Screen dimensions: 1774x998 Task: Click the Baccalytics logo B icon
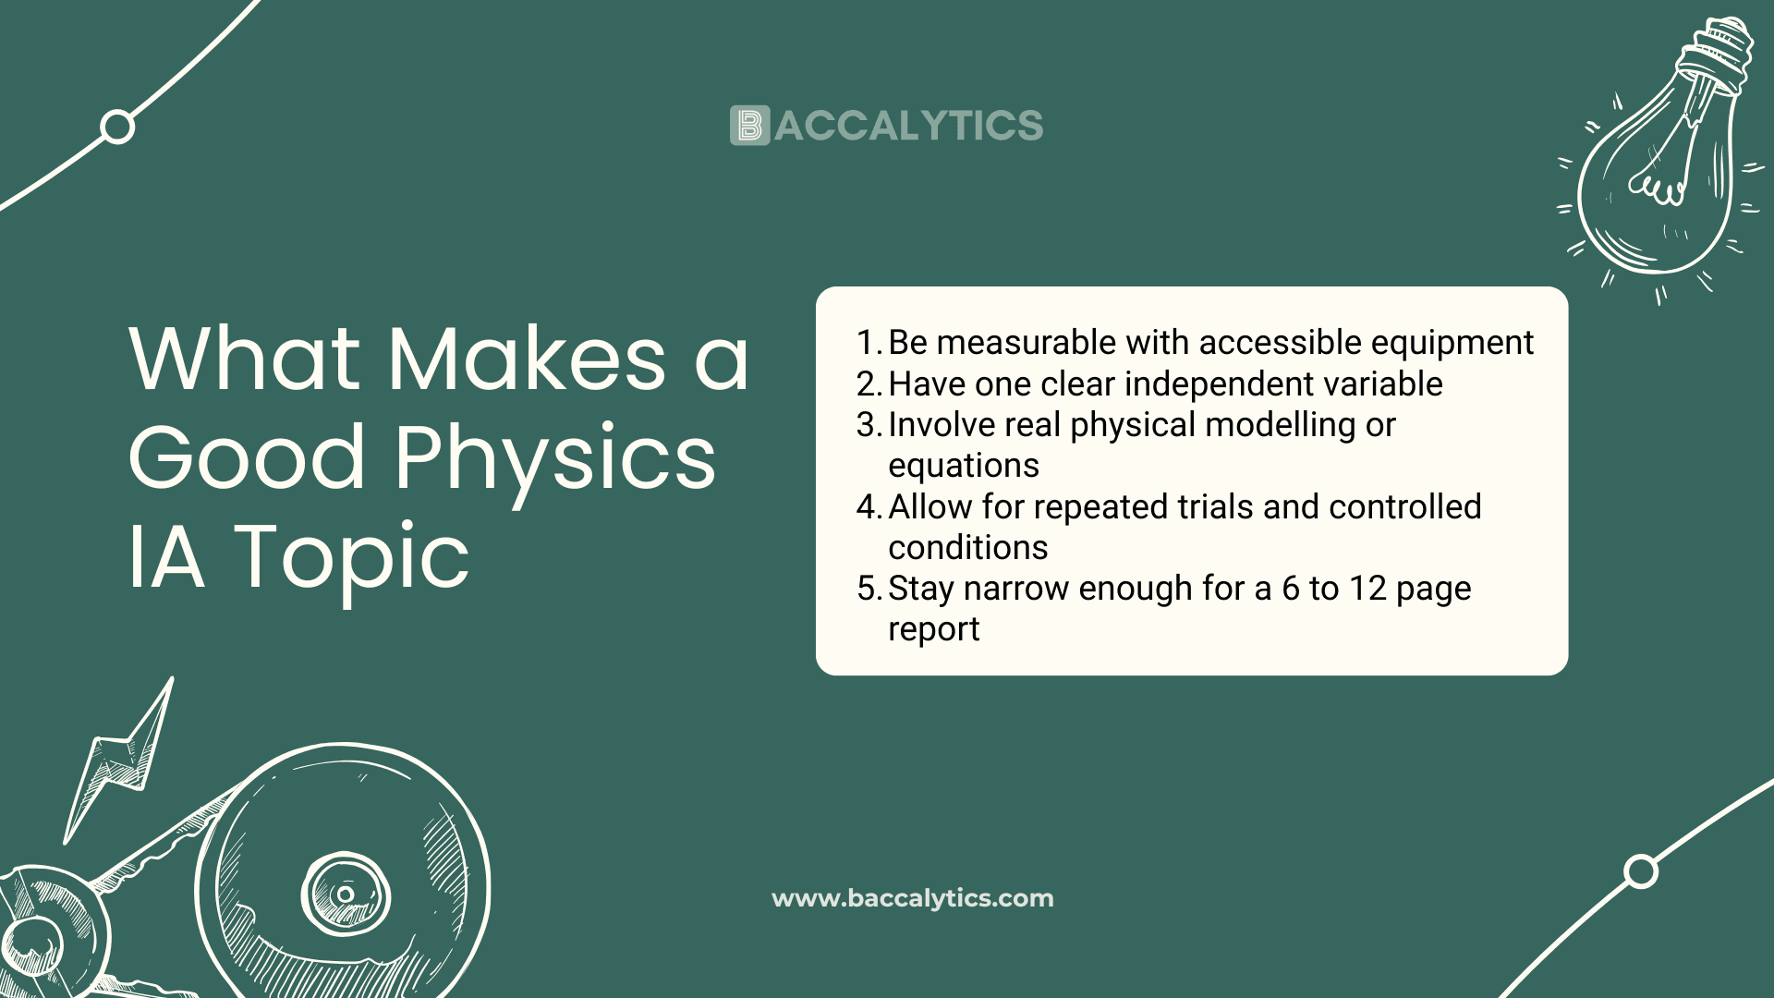[749, 126]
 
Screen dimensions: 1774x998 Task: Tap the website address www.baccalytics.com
[913, 898]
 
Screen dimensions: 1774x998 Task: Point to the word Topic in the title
[352, 557]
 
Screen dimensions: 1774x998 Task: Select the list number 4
[869, 507]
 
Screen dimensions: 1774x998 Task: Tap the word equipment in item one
[1452, 344]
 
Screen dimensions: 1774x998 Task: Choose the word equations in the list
[964, 467]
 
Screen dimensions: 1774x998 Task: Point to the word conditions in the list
[968, 548]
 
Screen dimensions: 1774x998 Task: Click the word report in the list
[934, 630]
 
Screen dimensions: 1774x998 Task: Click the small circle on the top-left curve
[117, 127]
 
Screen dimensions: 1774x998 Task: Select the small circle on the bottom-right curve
[1641, 871]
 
